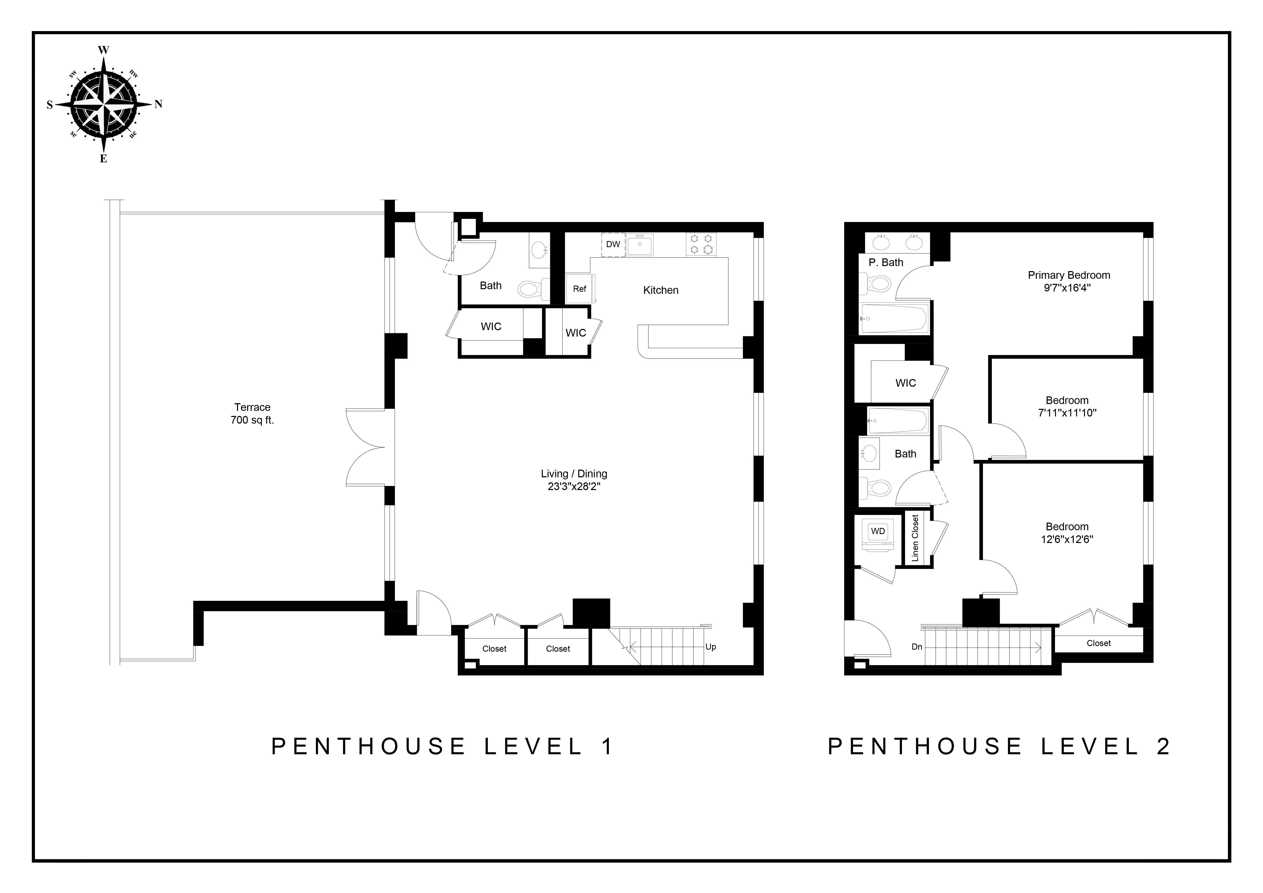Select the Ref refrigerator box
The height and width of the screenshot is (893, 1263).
tap(579, 289)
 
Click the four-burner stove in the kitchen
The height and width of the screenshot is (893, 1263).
tap(701, 244)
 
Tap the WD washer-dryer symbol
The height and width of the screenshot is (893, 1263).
tap(878, 531)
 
